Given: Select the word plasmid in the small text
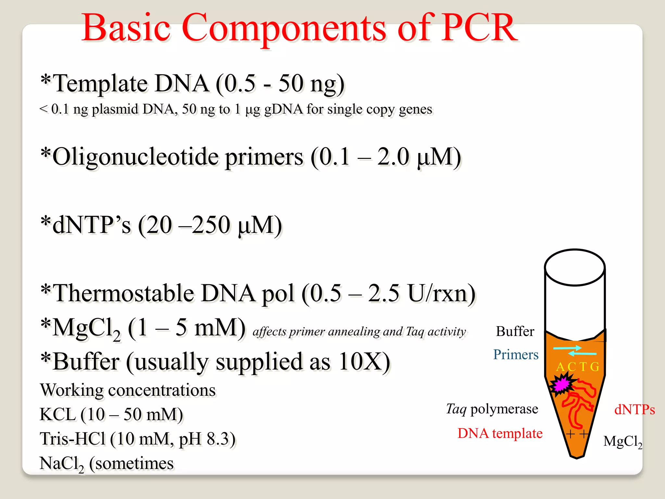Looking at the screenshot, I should pyautogui.click(x=115, y=109).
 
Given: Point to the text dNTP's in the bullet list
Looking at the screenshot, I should pyautogui.click(x=92, y=225).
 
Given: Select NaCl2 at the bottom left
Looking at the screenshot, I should pyautogui.click(x=62, y=464).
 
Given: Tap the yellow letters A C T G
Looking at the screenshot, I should pyautogui.click(x=577, y=367).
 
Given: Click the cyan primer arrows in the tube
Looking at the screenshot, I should pyautogui.click(x=575, y=351).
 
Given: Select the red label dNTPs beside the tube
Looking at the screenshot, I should pyautogui.click(x=634, y=410).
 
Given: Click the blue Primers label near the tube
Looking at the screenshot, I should pyautogui.click(x=516, y=355).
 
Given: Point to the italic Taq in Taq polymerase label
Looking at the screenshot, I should pyautogui.click(x=456, y=409).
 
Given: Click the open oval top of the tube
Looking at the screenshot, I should pyautogui.click(x=575, y=267).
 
